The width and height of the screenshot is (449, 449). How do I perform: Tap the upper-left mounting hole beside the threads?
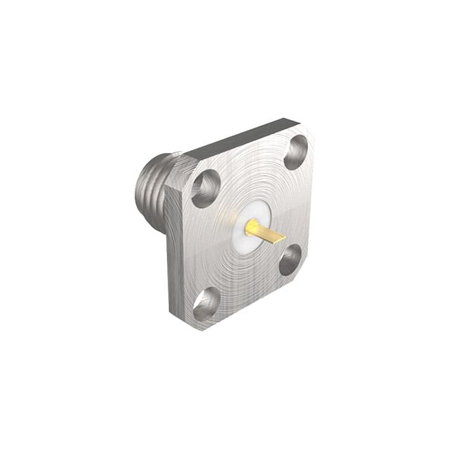pyautogui.click(x=206, y=188)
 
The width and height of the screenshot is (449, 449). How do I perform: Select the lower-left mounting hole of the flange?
pyautogui.click(x=206, y=304)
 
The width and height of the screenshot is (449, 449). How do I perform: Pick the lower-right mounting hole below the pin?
pyautogui.click(x=290, y=260)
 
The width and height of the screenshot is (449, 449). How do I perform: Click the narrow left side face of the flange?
pyautogui.click(x=174, y=260)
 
